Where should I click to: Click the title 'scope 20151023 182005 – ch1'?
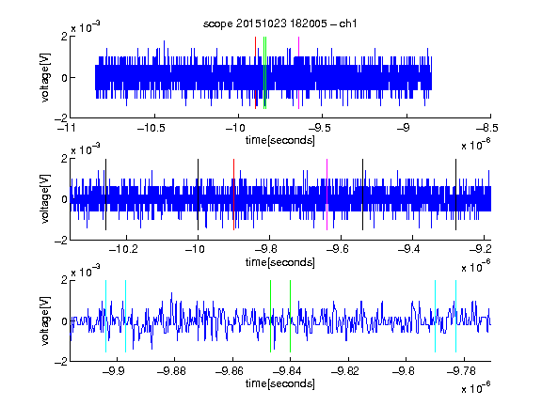[280, 23]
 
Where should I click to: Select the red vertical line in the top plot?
[255, 73]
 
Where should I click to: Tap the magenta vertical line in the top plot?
[298, 73]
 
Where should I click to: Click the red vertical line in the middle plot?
[233, 195]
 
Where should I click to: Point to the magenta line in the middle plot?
[327, 195]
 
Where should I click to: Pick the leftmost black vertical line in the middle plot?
[105, 195]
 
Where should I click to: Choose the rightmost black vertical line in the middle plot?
[456, 195]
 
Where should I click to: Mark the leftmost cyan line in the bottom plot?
[105, 316]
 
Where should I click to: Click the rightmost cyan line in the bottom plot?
[456, 316]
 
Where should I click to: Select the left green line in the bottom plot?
[270, 316]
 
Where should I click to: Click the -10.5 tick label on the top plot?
[151, 128]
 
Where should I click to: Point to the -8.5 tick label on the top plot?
[487, 128]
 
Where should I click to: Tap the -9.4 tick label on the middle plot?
[409, 249]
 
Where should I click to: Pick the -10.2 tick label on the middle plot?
[123, 249]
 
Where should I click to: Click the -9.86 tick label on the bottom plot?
[230, 371]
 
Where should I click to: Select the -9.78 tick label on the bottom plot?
[461, 371]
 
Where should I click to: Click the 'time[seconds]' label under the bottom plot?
[280, 383]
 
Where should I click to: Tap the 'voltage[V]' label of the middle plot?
[45, 199]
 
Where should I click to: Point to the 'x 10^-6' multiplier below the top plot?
[476, 144]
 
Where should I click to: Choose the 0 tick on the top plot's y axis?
[64, 78]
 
